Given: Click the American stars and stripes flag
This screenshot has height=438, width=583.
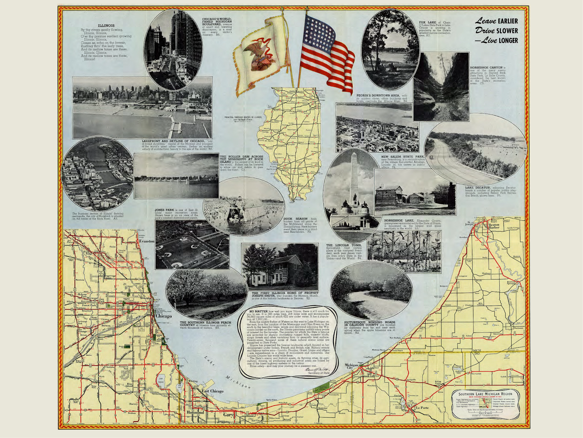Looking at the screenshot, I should [327, 51].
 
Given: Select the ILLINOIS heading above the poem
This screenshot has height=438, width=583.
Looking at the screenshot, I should [106, 26].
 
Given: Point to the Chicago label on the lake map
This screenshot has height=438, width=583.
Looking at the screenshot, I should [164, 316].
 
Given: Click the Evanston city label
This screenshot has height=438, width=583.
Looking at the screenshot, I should [147, 241].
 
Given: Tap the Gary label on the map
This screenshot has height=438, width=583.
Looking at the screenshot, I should [228, 415].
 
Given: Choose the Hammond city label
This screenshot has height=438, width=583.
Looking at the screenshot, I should [195, 412].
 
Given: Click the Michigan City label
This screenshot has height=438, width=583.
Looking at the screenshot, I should [352, 366].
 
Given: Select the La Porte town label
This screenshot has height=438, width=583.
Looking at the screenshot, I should [422, 408].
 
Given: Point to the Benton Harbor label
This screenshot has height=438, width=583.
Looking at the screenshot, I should [494, 226].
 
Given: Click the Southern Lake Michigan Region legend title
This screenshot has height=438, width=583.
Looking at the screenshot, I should [485, 394].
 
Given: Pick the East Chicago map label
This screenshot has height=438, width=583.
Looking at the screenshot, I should [212, 391].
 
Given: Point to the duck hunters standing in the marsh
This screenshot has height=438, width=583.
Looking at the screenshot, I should [238, 207].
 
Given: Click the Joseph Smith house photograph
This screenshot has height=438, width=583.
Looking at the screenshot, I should [280, 267].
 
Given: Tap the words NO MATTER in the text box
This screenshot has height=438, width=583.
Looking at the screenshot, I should [258, 311].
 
